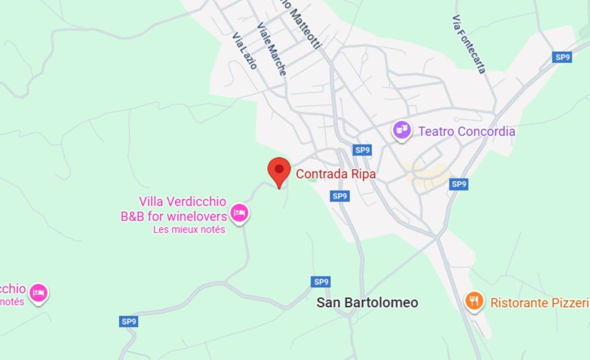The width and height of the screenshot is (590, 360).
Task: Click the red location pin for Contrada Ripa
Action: point(279,169)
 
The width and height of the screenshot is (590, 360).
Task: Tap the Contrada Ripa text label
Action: point(335,174)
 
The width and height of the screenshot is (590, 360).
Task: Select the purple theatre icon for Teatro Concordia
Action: point(402,130)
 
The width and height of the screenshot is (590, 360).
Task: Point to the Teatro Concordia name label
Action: point(467,131)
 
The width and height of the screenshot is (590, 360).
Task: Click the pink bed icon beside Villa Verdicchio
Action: point(239,214)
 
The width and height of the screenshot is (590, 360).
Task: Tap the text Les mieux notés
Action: point(189,229)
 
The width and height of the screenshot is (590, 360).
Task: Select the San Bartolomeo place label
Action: point(367,302)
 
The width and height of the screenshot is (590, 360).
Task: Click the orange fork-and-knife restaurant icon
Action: point(474,301)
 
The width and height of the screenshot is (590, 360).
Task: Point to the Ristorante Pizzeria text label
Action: point(539,302)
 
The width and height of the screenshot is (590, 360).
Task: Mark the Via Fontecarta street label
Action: point(469,44)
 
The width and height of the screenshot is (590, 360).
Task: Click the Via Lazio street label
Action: point(244,51)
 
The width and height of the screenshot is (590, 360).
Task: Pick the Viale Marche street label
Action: point(271,49)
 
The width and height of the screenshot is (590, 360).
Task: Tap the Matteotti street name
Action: point(305,26)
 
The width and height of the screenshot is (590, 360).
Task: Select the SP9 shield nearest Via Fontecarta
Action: point(562,57)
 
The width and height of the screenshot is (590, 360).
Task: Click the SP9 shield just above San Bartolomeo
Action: point(321,282)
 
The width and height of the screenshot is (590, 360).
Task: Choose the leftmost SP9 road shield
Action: point(129,321)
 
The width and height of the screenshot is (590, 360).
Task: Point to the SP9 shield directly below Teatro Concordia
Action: point(458,184)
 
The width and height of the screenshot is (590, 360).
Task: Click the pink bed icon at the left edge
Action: point(39,293)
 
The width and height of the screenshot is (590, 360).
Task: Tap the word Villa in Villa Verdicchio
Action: point(152,202)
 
